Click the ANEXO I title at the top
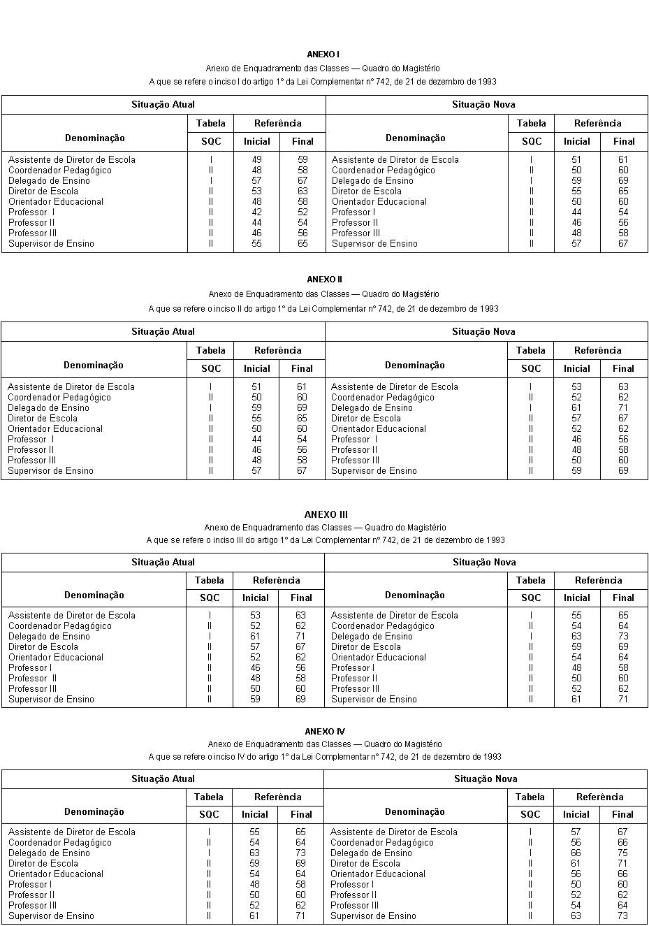coord(323,55)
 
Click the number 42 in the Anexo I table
coord(256,212)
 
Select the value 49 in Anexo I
coord(256,160)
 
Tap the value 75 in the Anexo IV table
coord(622,853)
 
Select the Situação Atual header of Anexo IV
coord(163,779)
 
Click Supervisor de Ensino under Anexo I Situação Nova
coord(374,244)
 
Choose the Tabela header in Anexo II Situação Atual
coord(210,351)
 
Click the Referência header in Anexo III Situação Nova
coord(599,581)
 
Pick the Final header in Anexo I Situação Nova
coord(624,142)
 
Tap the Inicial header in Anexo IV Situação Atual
coord(255,815)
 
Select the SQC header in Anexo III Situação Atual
coord(210,598)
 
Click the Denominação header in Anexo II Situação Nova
coord(415,366)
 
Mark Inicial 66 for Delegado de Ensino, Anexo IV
coord(576,853)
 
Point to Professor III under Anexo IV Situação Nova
coord(355,906)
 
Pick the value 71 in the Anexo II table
coord(623,408)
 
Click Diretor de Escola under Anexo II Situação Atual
coord(43,419)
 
